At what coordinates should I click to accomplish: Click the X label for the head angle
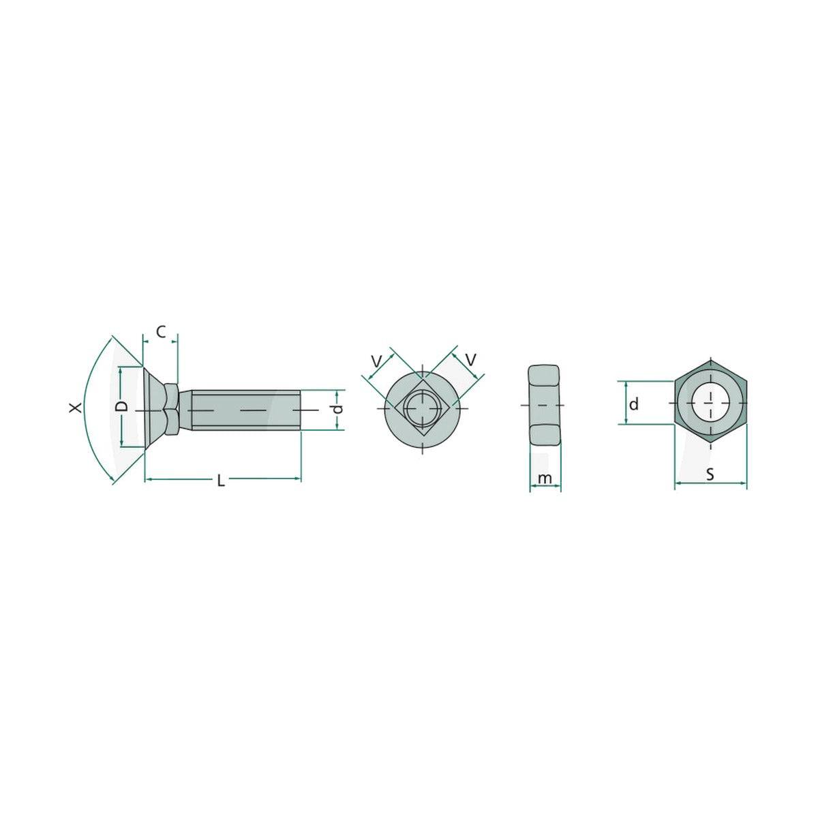pos(76,408)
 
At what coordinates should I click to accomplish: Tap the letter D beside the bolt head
pos(122,406)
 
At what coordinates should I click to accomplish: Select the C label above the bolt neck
pos(161,332)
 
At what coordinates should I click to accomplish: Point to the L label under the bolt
pos(221,481)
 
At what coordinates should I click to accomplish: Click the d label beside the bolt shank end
pos(337,409)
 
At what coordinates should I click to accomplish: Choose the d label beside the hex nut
pos(634,404)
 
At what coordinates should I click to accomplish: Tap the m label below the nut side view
pos(545,479)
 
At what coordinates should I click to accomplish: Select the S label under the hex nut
pos(710,474)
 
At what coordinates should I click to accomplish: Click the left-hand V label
pos(376,361)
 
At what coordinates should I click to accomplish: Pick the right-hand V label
pos(471,360)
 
